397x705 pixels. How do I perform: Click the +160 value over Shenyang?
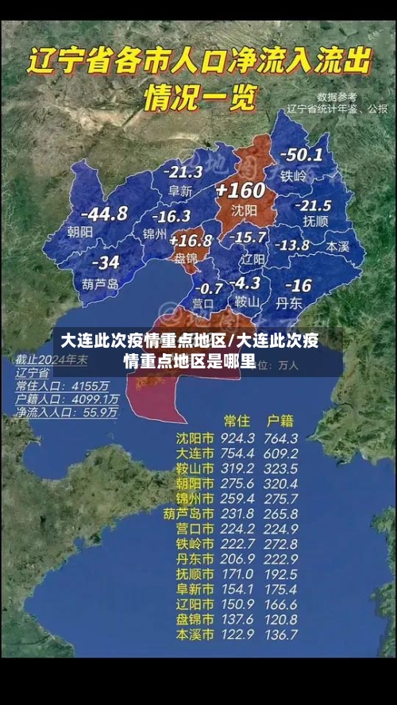[239, 191]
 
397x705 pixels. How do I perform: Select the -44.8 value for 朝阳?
[104, 213]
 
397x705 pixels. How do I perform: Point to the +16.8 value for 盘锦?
[191, 240]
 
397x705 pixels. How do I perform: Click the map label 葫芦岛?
[100, 283]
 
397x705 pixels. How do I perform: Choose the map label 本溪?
[337, 247]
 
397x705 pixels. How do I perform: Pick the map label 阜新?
[180, 191]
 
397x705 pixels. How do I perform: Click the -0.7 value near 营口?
[209, 287]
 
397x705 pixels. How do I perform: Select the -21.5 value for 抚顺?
[312, 205]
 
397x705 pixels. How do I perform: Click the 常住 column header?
[237, 420]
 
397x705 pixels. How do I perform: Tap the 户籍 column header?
[280, 420]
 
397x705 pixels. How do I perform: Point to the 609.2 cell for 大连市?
[281, 453]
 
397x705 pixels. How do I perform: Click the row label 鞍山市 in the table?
[195, 468]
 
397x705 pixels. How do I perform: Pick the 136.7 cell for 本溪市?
[281, 634]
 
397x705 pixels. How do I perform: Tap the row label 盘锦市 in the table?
[195, 619]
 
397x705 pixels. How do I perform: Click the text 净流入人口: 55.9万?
[67, 413]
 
